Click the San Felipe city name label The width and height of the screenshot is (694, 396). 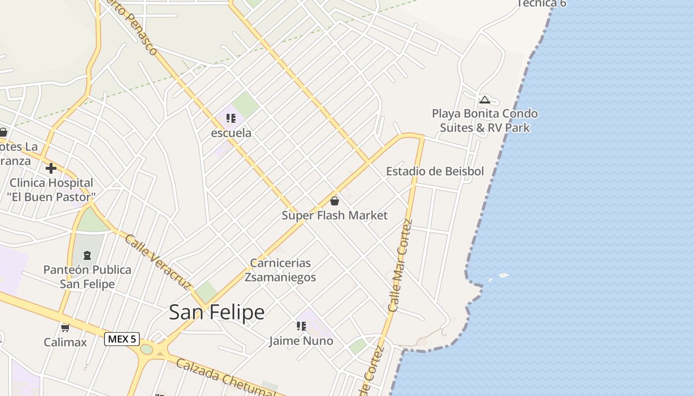[x=217, y=313]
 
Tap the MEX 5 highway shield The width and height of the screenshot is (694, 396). [x=122, y=339]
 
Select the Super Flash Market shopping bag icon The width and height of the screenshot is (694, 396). [x=335, y=200]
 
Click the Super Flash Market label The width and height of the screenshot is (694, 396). [x=335, y=215]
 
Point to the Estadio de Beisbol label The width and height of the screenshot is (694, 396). [x=435, y=171]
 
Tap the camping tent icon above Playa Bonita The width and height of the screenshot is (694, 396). [x=484, y=99]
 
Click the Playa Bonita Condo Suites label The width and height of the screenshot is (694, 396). [x=485, y=121]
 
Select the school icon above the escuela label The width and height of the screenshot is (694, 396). [x=231, y=118]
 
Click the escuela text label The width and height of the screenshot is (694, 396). [x=231, y=133]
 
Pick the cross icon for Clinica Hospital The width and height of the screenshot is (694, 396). [x=51, y=168]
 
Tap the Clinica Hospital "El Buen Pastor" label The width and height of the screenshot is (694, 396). [x=51, y=190]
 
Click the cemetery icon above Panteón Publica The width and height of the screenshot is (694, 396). [x=87, y=255]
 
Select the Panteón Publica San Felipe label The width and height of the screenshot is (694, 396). [x=87, y=277]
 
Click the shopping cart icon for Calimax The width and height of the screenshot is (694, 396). [x=65, y=328]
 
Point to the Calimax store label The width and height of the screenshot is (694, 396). [x=65, y=342]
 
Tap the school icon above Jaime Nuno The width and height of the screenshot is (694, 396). [x=301, y=326]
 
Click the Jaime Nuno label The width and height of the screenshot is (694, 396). [x=301, y=341]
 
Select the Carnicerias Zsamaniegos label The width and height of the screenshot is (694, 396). [x=280, y=270]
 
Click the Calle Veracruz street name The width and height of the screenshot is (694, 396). [x=158, y=262]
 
